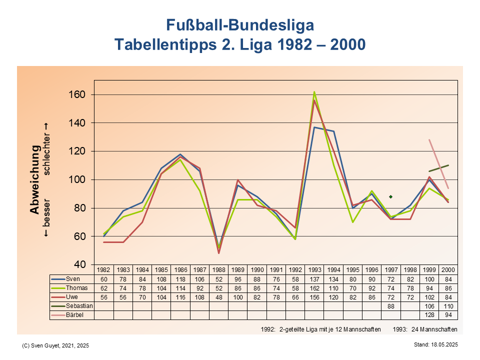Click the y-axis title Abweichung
click(x=34, y=179)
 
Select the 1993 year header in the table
click(x=314, y=269)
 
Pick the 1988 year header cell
click(x=218, y=269)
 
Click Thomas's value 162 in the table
click(x=314, y=287)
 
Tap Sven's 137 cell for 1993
click(x=314, y=278)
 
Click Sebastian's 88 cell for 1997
click(x=391, y=305)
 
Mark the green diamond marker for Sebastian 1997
click(x=391, y=196)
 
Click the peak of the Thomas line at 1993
click(x=314, y=92)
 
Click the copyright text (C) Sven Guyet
click(x=56, y=345)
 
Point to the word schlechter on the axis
click(x=47, y=148)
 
